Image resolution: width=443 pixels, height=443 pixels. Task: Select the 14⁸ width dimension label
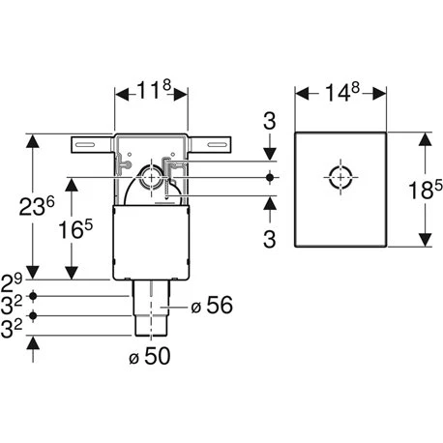tap(341, 95)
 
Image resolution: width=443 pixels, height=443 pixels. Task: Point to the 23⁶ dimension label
tap(37, 206)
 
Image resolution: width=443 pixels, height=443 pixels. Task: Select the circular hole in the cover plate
tap(340, 178)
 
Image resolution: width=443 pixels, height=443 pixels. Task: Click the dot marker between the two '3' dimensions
tap(272, 177)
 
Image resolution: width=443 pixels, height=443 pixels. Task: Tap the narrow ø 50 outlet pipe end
tap(150, 327)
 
